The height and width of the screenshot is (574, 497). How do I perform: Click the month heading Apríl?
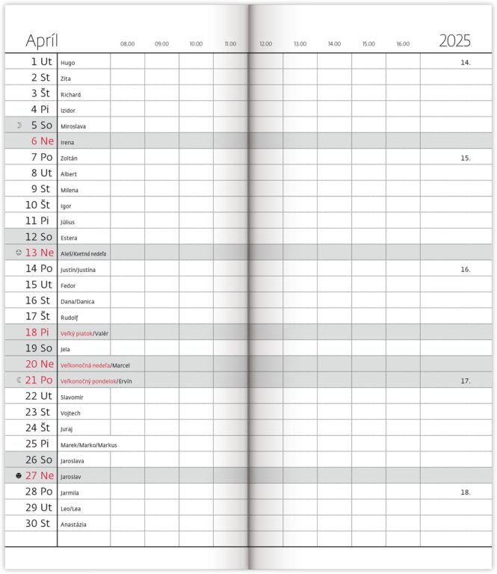pos(42,41)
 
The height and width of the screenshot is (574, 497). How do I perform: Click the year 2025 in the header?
pos(454,41)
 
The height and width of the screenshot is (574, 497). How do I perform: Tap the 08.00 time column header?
pos(128,44)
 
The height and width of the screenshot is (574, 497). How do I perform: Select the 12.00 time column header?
pos(265,44)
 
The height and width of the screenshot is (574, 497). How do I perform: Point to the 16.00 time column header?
pos(403,44)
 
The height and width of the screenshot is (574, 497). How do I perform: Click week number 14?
pos(465,63)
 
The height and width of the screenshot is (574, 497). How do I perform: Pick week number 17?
pos(465,380)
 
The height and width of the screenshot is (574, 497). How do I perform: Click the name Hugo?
pos(68,64)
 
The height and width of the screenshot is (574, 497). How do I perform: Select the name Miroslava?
pos(73,126)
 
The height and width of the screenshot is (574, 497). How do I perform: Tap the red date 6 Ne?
pos(42,141)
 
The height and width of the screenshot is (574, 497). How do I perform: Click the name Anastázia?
pos(73,524)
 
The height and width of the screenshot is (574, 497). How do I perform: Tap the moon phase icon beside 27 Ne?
pos(19,475)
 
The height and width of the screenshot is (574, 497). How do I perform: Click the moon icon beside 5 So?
pos(19,125)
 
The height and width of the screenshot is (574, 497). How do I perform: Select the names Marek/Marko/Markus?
pos(89,445)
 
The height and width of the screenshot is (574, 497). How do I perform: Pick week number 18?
pos(465,492)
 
